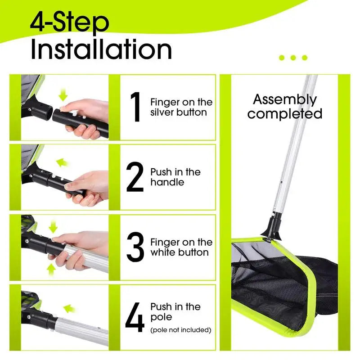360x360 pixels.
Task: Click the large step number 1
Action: (135, 107)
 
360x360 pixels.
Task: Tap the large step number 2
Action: (135, 177)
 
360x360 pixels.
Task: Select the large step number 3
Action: (135, 247)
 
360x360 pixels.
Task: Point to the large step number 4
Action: (135, 317)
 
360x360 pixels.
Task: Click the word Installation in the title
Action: (101, 49)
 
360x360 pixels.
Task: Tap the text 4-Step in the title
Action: (70, 22)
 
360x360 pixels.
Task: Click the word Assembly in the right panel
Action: (285, 100)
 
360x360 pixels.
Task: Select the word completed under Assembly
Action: (285, 113)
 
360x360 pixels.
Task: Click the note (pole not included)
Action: (181, 330)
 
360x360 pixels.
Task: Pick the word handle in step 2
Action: (167, 182)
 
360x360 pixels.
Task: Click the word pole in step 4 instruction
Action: (161, 318)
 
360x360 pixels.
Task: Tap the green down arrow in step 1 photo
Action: (63, 95)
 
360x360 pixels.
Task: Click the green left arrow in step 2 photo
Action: (63, 162)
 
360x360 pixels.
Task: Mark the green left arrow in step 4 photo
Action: (69, 309)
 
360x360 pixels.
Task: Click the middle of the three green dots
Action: (293, 58)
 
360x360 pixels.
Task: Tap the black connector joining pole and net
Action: (274, 228)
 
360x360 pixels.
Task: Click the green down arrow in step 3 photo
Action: (53, 227)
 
